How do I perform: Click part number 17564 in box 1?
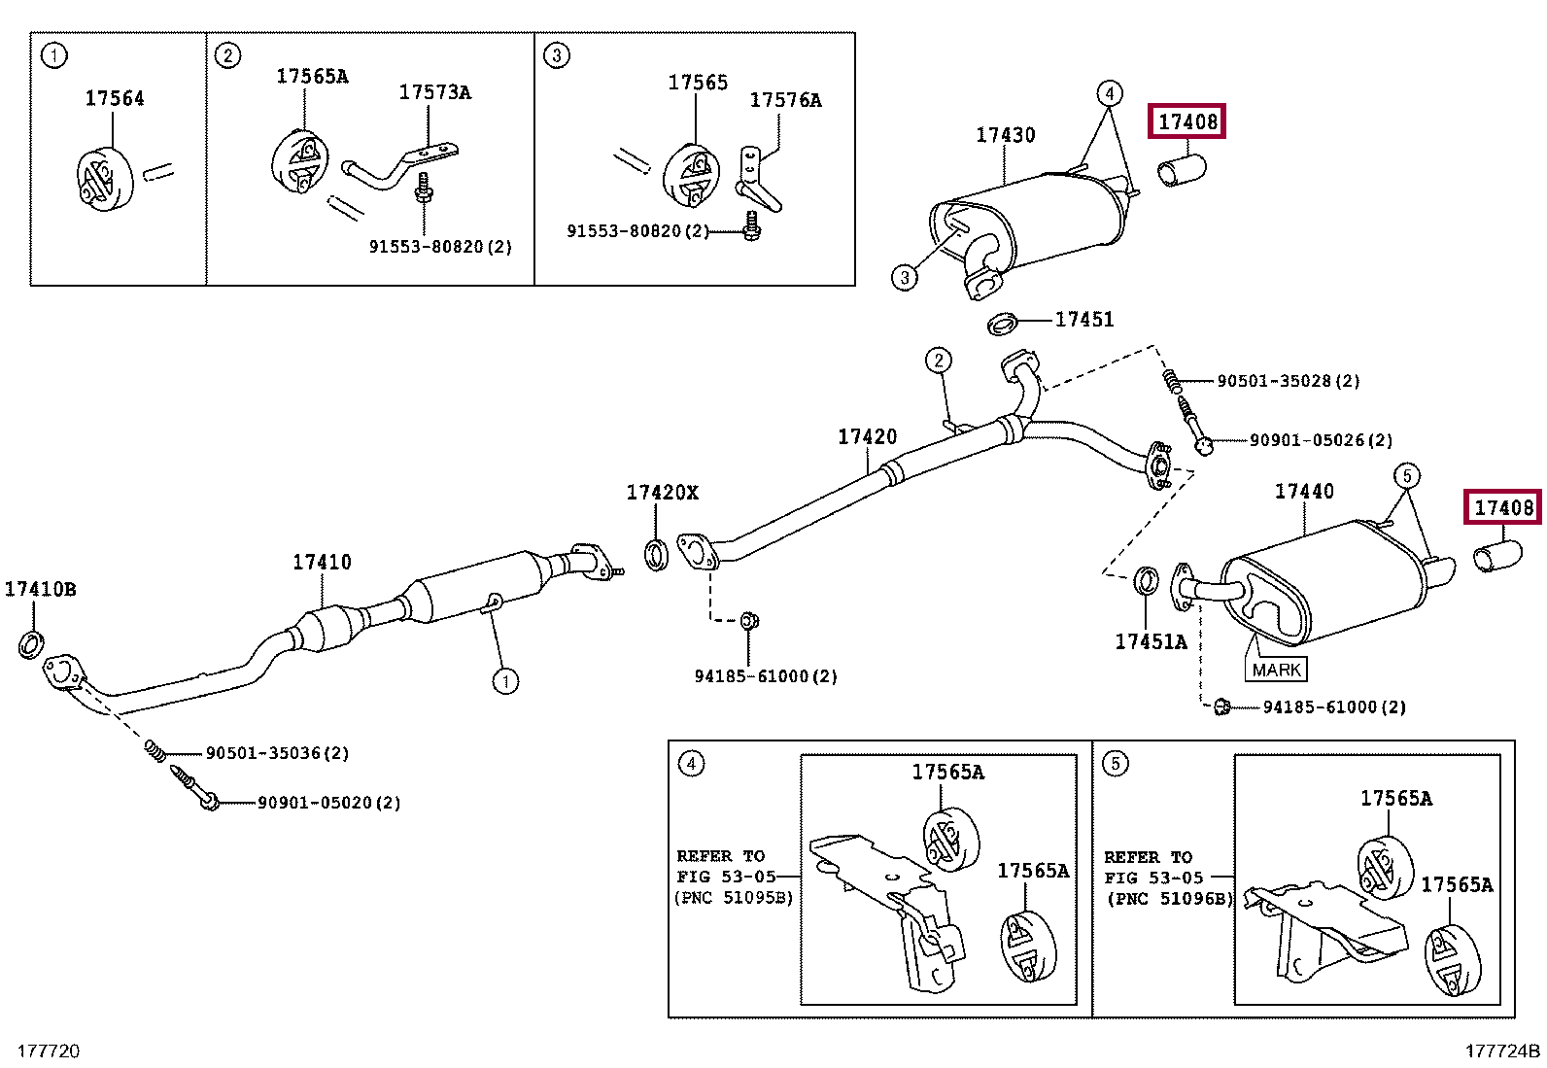tap(115, 98)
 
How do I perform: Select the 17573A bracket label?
tap(435, 92)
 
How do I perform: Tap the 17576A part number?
tap(786, 100)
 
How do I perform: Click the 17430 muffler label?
tap(1006, 135)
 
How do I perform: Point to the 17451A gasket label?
tap(1152, 641)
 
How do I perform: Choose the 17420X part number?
tap(663, 493)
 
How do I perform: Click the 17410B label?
tap(41, 589)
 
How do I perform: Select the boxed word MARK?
tap(1276, 670)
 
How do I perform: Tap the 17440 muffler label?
tap(1304, 491)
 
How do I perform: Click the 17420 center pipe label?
tap(868, 436)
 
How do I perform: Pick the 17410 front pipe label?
tap(322, 562)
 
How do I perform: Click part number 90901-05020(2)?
tap(328, 803)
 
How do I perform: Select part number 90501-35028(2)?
tap(1288, 381)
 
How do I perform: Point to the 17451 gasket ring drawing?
tap(1003, 324)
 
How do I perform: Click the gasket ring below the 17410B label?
tap(31, 644)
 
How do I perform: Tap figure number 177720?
tap(49, 1051)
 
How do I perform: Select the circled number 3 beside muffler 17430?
tap(905, 278)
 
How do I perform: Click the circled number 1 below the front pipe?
tap(505, 681)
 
